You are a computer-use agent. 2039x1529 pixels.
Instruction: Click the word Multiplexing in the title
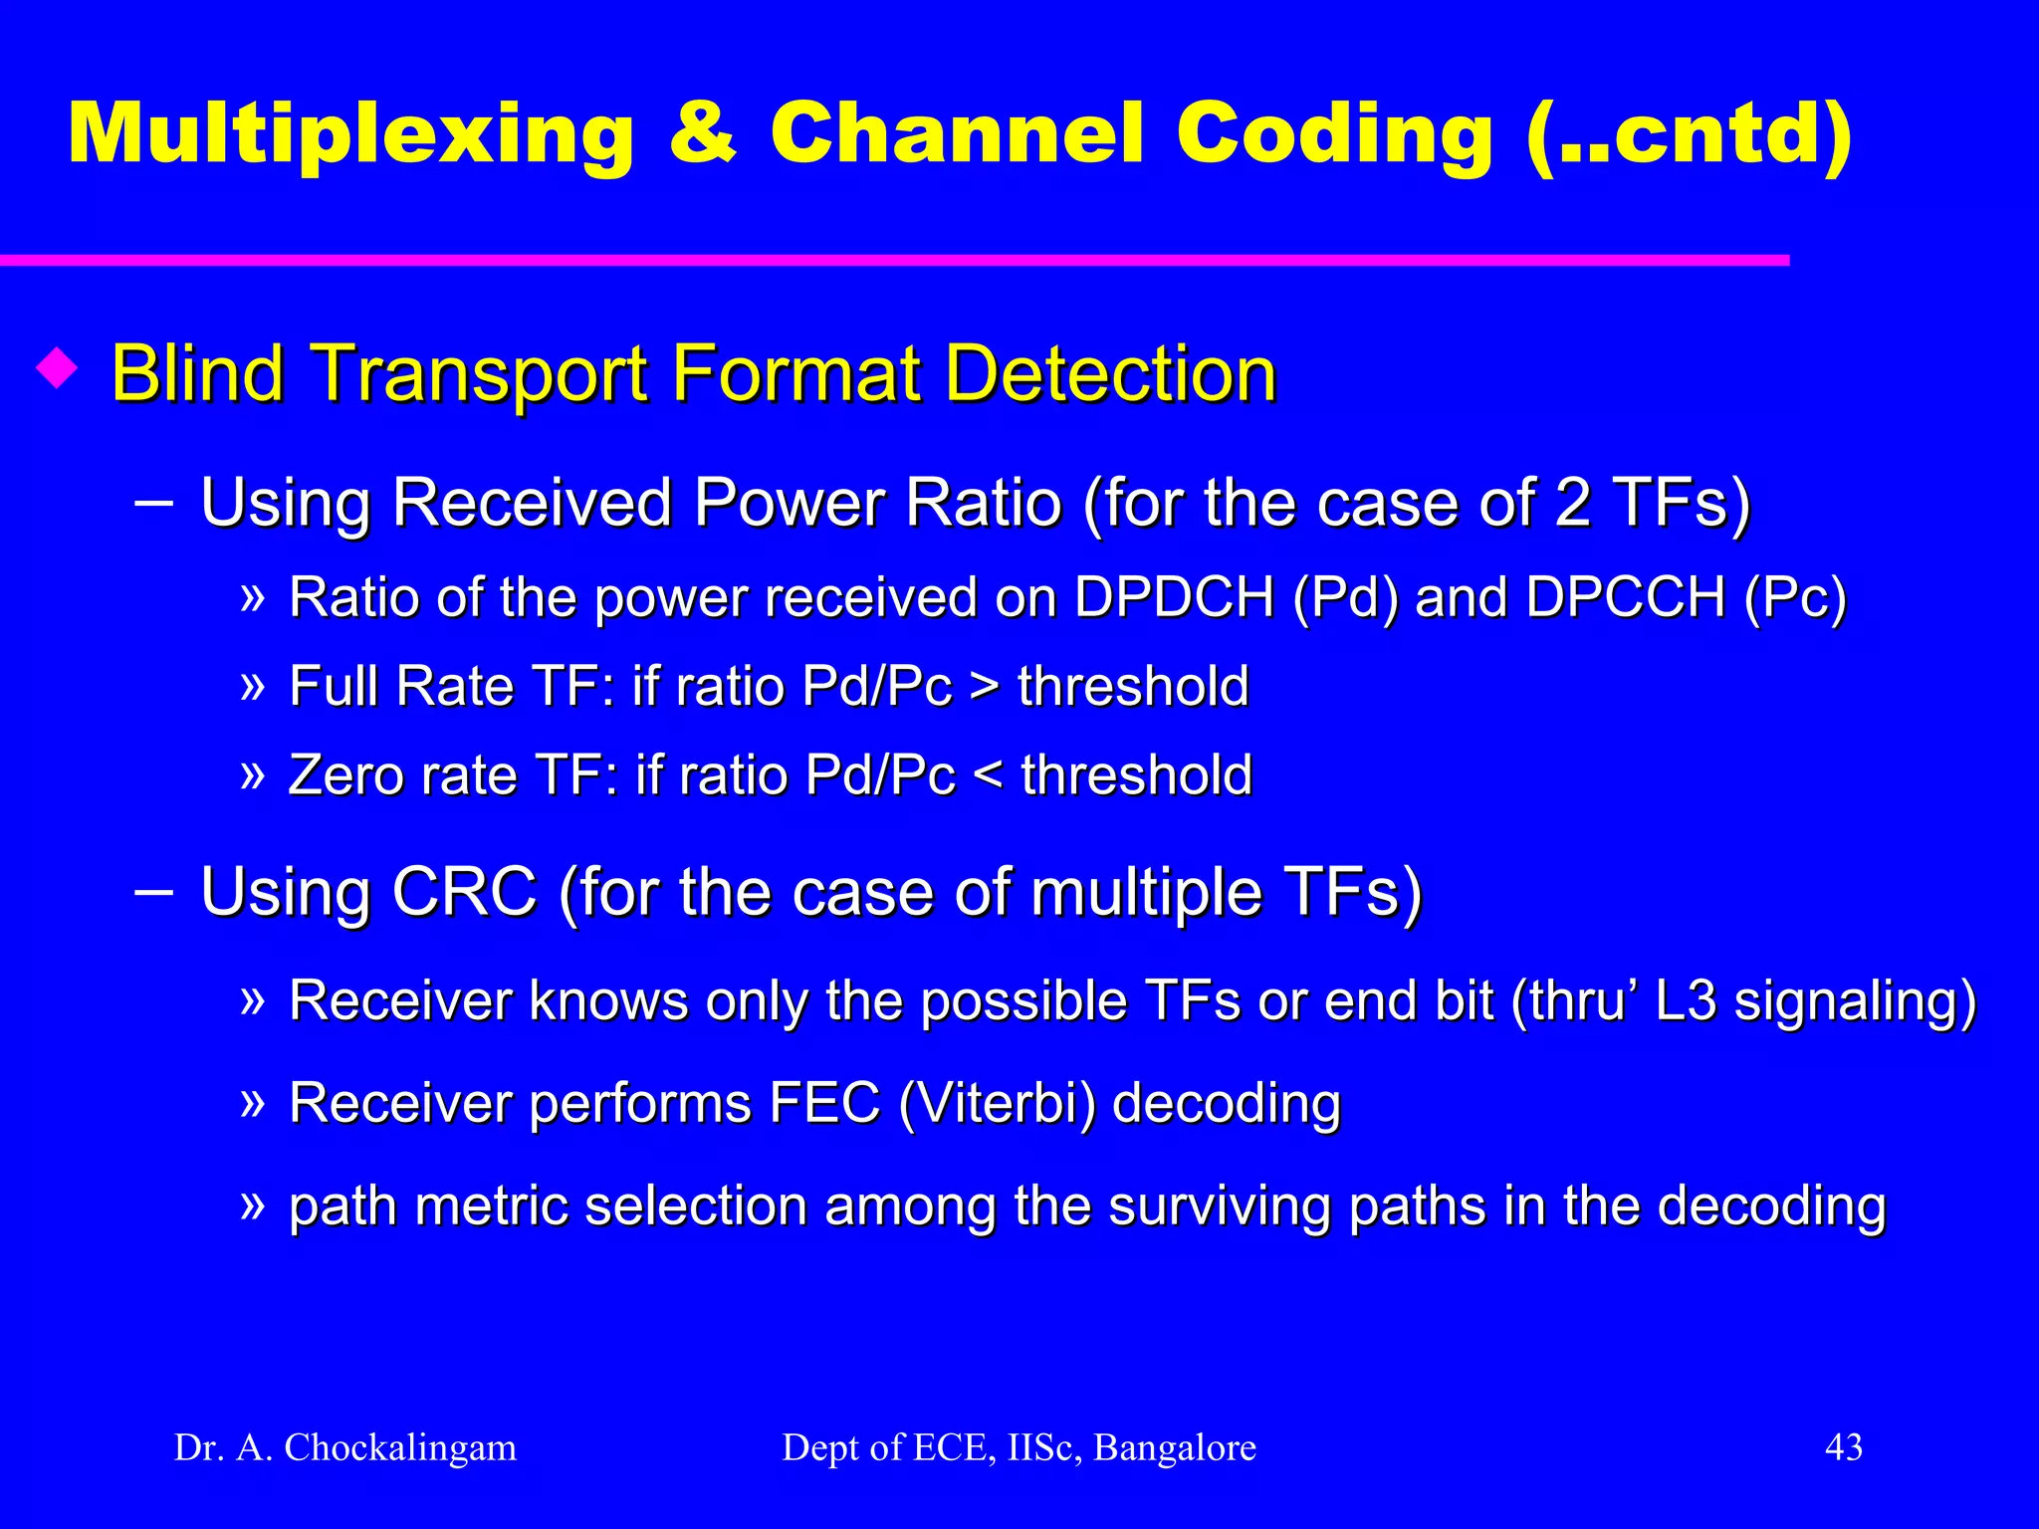(350, 134)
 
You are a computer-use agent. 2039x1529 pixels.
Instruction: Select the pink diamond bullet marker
(57, 369)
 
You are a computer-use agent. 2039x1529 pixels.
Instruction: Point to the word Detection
(1110, 373)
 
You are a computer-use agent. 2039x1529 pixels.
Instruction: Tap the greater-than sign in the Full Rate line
(985, 687)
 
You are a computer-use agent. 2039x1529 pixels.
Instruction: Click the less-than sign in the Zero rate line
(988, 775)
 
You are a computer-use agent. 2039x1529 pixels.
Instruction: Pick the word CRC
(464, 891)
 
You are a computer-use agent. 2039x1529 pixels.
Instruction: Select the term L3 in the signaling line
(1686, 1000)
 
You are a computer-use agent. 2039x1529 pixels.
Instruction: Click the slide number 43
(1843, 1446)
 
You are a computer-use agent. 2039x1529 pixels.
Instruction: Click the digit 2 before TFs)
(1572, 502)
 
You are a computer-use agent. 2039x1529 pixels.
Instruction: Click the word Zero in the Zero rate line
(345, 775)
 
